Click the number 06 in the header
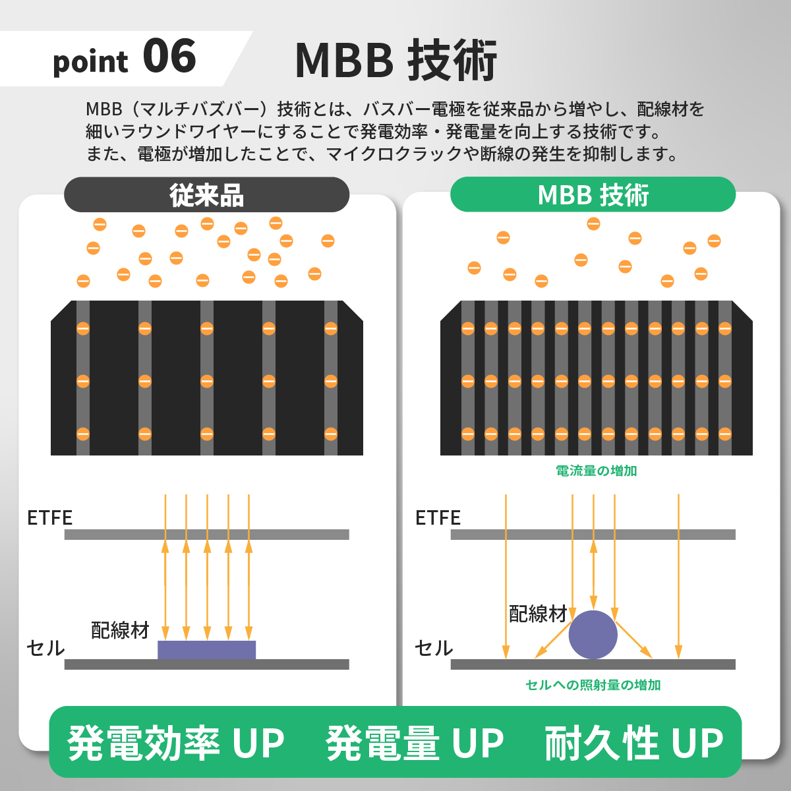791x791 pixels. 169,57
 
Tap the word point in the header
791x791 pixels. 90,62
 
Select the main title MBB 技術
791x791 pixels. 395,61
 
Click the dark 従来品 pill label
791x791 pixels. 206,195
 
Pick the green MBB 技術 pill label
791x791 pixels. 593,195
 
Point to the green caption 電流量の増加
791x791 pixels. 596,471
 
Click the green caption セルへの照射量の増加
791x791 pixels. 593,685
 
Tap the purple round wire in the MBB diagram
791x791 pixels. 593,634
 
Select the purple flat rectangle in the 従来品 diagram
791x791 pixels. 206,650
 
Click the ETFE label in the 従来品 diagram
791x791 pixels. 50,518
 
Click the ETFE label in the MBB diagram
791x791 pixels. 438,518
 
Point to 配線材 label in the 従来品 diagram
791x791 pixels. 121,630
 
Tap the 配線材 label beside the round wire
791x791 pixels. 538,614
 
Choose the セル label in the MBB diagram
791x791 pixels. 434,649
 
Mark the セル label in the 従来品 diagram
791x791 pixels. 46,649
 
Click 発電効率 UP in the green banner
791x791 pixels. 176,743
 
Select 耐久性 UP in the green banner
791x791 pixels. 633,743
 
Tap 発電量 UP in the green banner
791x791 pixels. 415,743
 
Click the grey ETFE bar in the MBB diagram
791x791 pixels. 593,535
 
